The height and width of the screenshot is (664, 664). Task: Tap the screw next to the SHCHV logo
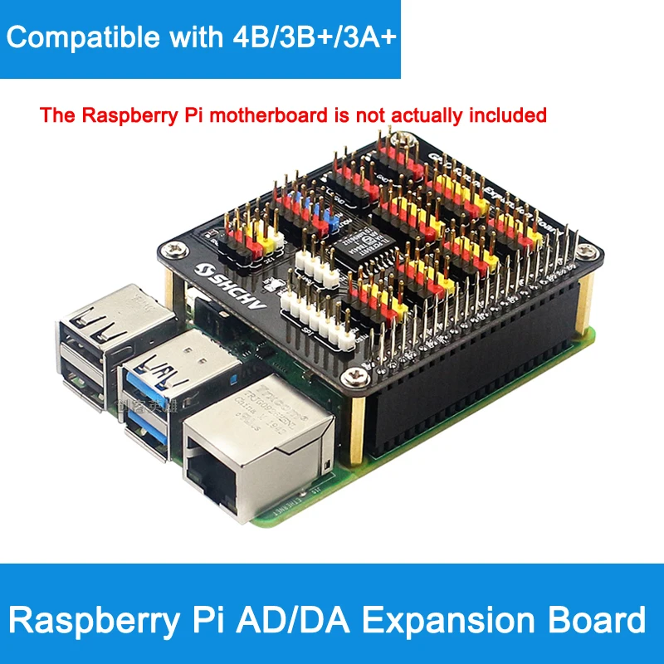click(x=176, y=247)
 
